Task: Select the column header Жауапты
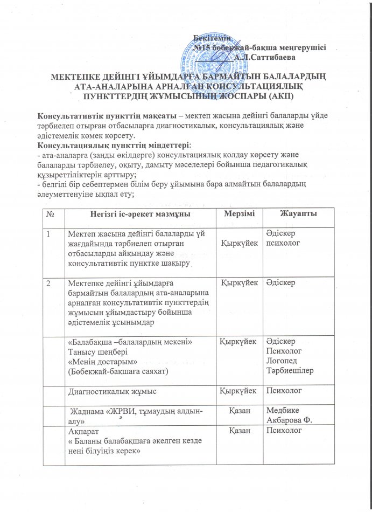pyautogui.click(x=298, y=214)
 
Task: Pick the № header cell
pyautogui.click(x=50, y=214)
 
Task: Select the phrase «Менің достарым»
pyautogui.click(x=97, y=361)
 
